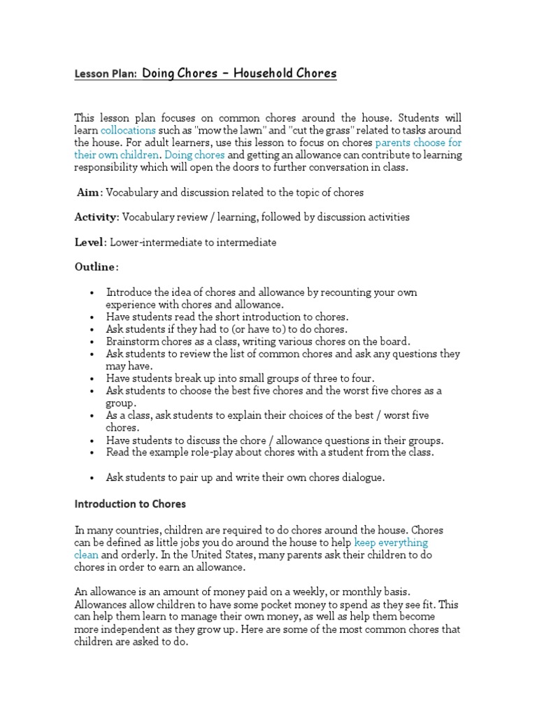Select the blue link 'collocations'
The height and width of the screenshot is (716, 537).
tap(128, 130)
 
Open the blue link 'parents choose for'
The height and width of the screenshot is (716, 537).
tap(419, 143)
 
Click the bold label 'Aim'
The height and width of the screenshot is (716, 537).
tap(90, 192)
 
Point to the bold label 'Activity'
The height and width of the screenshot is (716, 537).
tap(96, 217)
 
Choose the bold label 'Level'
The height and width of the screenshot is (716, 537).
tap(89, 243)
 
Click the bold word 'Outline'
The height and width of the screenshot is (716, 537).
tap(96, 267)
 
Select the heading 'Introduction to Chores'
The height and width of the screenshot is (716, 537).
tap(130, 503)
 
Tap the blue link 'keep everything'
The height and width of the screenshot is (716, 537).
tap(391, 543)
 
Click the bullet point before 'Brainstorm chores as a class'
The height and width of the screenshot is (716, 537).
tap(92, 342)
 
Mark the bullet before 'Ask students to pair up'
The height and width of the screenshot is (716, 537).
tap(92, 478)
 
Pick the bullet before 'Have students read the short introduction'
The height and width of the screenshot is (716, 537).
tap(92, 317)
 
